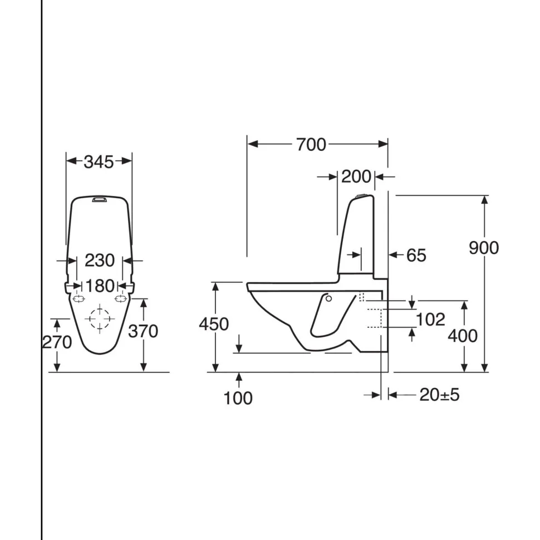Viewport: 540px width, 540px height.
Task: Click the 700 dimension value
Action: point(311,145)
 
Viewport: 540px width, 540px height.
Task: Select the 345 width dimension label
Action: point(99,162)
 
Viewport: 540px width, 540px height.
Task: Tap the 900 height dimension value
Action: point(484,248)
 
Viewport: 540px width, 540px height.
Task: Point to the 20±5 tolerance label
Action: point(439,395)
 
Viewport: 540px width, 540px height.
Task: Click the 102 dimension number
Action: point(430,320)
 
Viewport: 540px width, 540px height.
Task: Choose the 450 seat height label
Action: point(214,325)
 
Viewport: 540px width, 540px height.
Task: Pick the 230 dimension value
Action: point(100,261)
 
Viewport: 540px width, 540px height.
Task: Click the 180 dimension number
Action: point(100,286)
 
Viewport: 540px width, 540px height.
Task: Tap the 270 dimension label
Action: point(57,342)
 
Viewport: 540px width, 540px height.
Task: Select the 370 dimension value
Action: point(143,331)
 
